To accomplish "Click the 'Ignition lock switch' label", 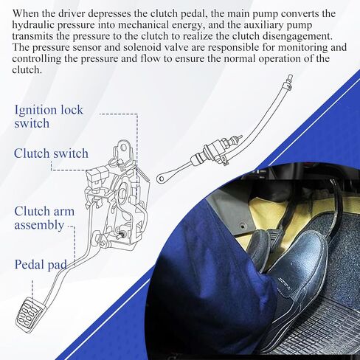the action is [49, 117].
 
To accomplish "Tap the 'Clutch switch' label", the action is [51, 153].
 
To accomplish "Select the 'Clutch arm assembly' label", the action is [44, 218].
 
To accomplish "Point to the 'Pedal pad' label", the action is [41, 265].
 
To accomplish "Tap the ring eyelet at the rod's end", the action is [161, 179].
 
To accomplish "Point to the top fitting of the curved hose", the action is [289, 80].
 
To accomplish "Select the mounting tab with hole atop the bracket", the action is [122, 150].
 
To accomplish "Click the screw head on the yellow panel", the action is [243, 225].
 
